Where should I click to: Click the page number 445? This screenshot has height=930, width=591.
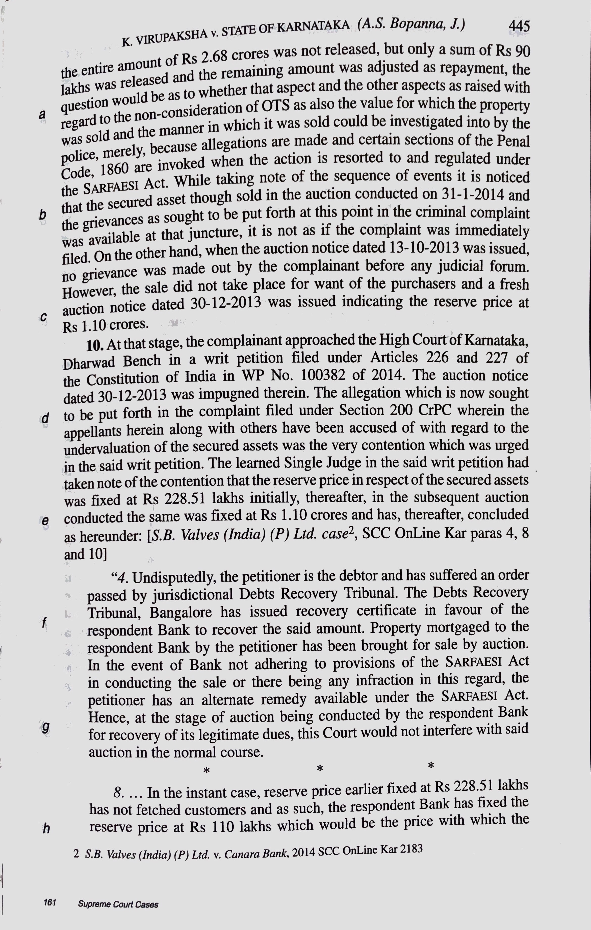click(x=519, y=26)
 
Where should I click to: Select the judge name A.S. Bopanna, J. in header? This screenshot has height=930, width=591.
click(x=411, y=24)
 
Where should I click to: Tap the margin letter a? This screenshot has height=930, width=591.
click(x=42, y=114)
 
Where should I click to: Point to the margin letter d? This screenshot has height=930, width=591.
click(x=45, y=418)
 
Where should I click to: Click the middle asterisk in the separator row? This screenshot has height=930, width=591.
click(x=320, y=768)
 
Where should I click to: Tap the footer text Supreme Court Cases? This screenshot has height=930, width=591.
click(x=118, y=904)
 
